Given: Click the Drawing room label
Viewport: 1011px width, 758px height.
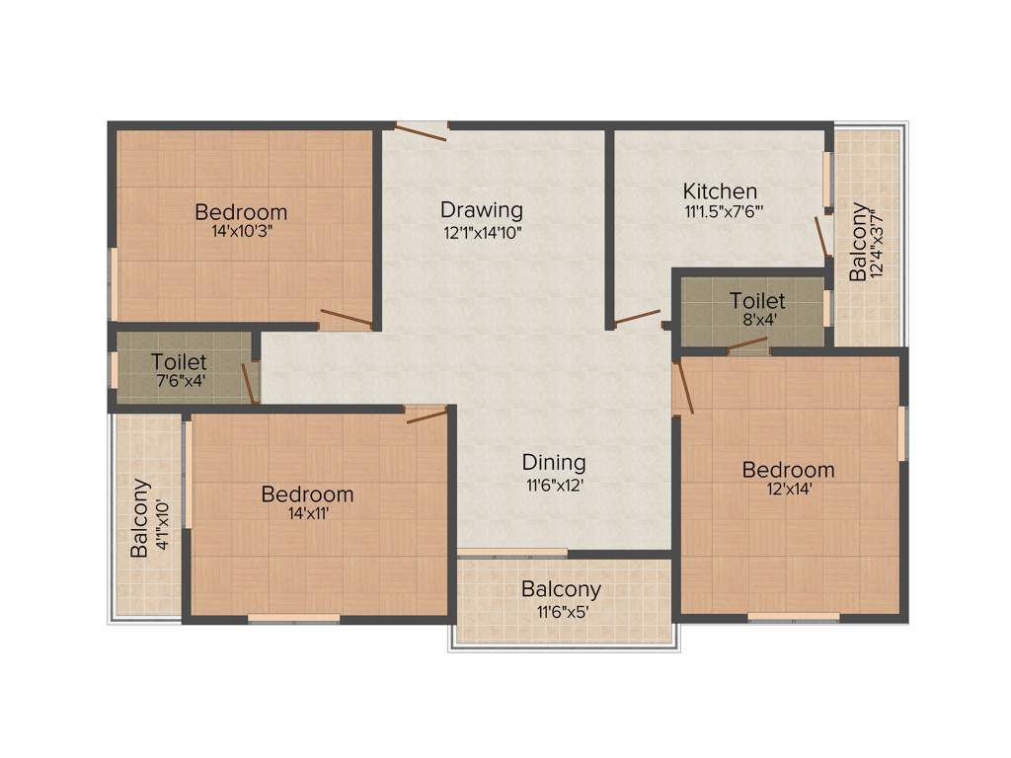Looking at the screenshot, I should coord(482,209).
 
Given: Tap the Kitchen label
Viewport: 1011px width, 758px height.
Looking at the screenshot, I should coord(721,190).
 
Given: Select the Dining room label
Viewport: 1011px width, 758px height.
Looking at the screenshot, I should coord(554,462).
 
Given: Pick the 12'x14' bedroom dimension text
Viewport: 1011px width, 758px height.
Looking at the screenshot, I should coord(788,490).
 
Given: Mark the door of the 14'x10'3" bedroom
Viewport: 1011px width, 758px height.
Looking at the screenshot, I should coord(347,318).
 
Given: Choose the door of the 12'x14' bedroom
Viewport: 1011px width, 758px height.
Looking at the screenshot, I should coord(683,388).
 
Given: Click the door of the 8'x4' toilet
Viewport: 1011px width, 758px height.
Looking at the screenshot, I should coord(747,344).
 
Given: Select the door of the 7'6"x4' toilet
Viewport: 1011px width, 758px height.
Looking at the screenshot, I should coord(250,382).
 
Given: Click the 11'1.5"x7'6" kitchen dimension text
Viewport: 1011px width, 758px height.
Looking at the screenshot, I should coord(721,212).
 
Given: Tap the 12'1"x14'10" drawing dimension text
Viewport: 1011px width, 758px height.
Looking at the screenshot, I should coord(482,233).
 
